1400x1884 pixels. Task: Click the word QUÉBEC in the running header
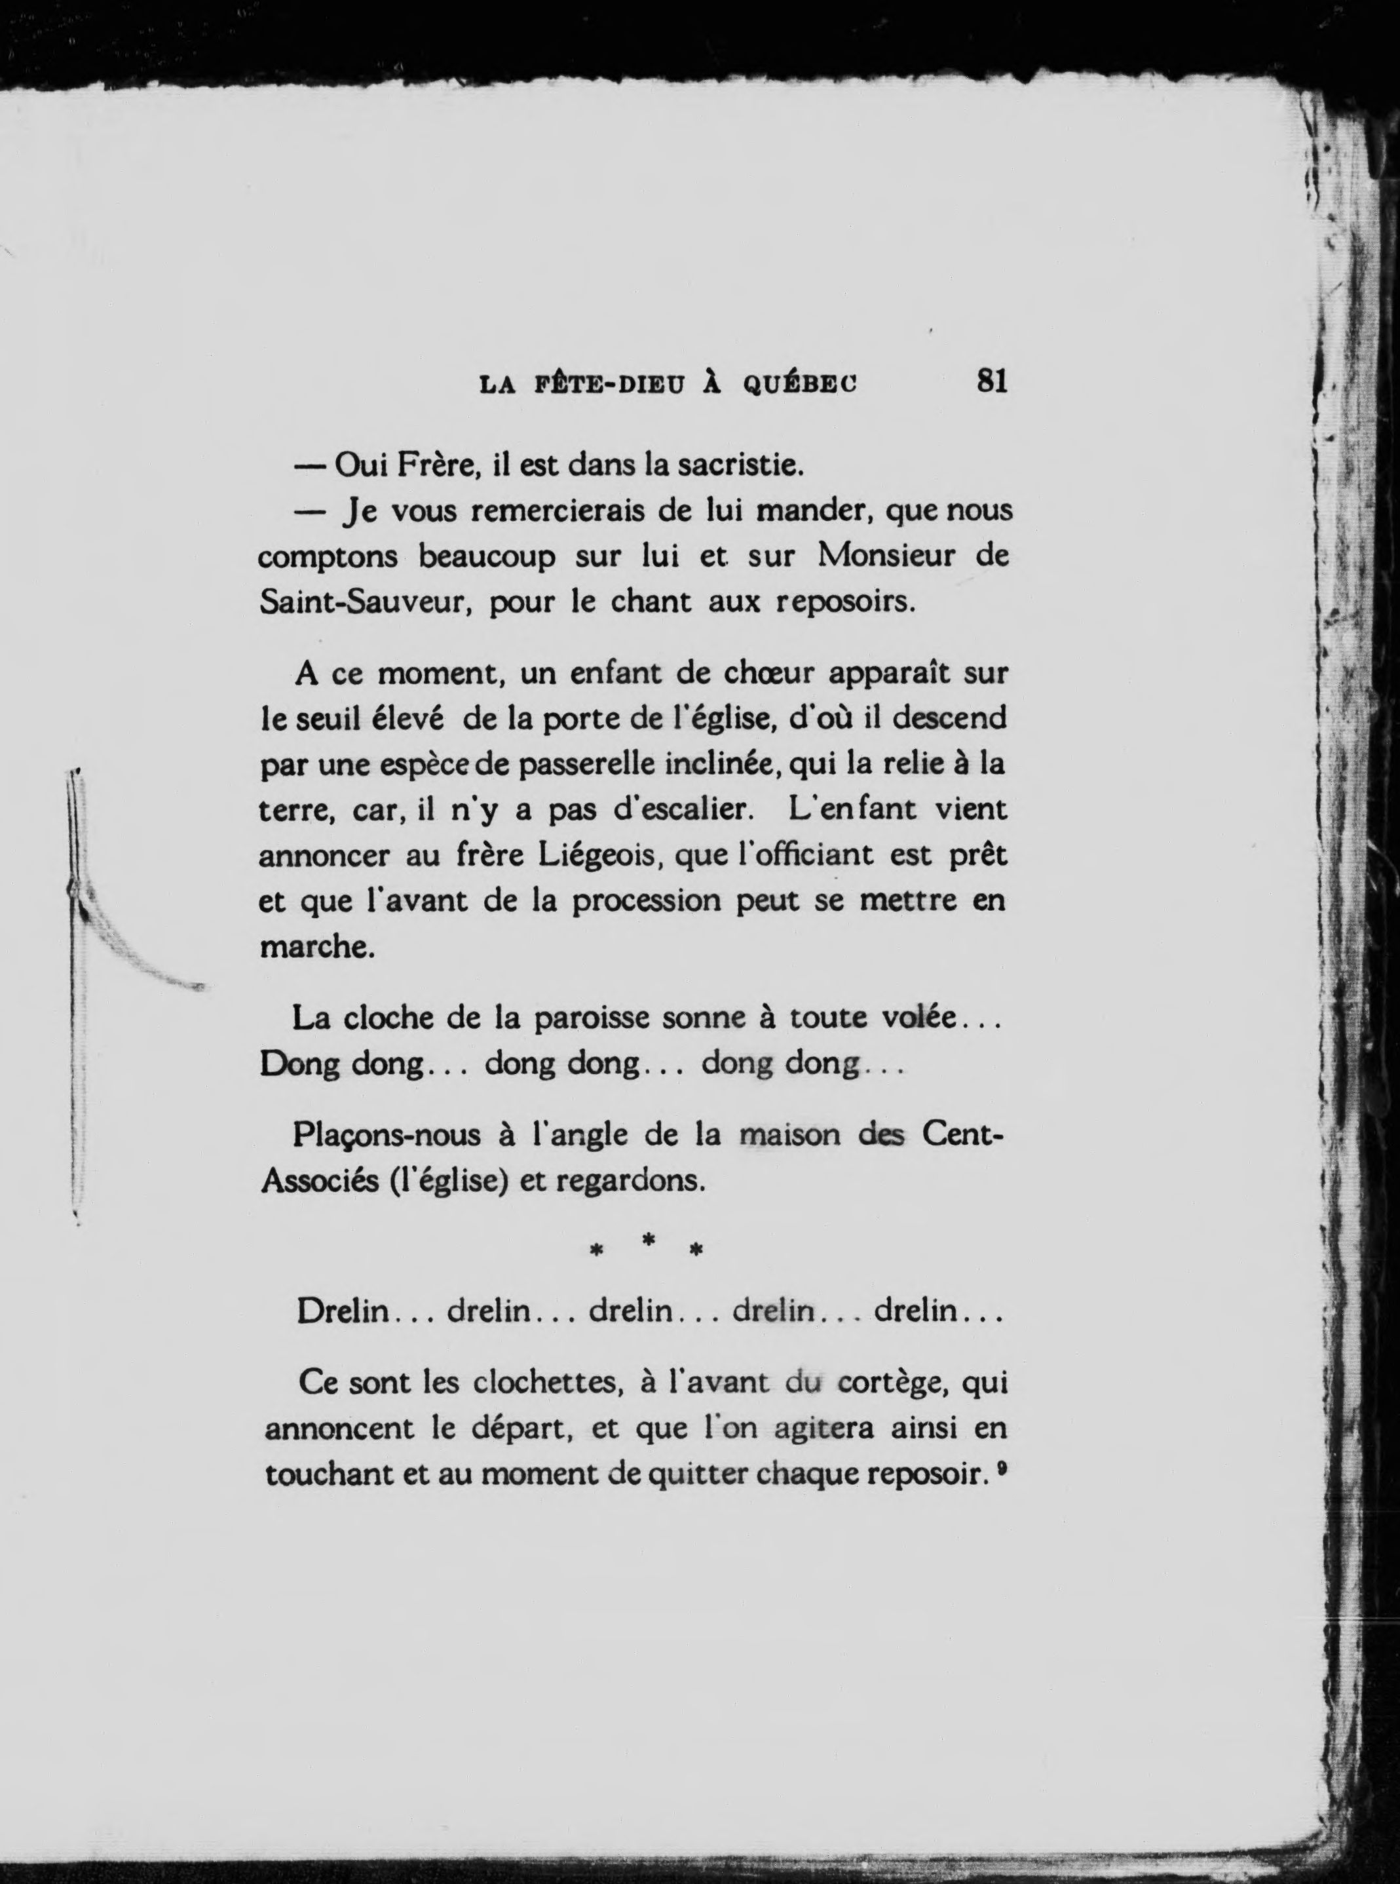coord(800,385)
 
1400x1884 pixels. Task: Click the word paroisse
coord(591,1017)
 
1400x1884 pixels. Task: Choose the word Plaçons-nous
coord(392,1136)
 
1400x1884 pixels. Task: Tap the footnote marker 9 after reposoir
coord(1002,1471)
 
